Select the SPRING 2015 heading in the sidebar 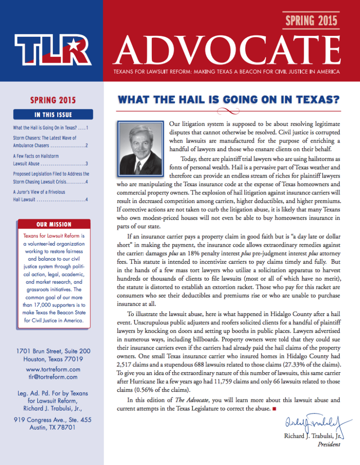click(x=53, y=100)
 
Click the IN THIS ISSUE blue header click(x=53, y=114)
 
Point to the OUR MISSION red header click(x=54, y=224)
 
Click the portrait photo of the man click(x=140, y=149)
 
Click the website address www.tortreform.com click(x=53, y=370)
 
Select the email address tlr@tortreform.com click(x=53, y=377)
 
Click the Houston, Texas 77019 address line click(x=53, y=358)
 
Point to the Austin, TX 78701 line click(x=53, y=427)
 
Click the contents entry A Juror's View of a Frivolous click(x=39, y=192)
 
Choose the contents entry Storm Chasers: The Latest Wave click(x=45, y=138)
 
